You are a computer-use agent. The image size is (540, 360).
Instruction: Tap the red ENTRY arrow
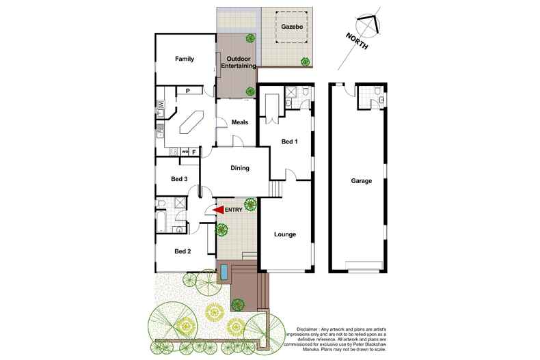click(x=219, y=210)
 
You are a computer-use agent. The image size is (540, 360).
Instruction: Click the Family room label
click(x=185, y=59)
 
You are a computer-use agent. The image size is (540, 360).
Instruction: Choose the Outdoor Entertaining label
click(x=238, y=63)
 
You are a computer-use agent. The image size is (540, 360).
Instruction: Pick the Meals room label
click(x=239, y=123)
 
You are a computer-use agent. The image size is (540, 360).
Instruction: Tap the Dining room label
click(x=239, y=169)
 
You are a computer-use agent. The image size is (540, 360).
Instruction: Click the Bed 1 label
click(x=291, y=142)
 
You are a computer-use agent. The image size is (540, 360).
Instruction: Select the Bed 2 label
click(x=183, y=251)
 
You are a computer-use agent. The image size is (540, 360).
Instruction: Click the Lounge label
click(x=284, y=235)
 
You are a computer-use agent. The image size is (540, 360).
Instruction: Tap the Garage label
click(x=362, y=182)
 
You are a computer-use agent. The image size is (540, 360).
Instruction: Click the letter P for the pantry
click(x=187, y=90)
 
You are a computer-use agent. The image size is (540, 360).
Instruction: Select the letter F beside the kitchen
click(x=193, y=152)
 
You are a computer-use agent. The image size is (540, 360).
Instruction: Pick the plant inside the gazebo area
click(x=305, y=62)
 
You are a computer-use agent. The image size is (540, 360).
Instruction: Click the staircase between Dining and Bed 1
click(x=275, y=188)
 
